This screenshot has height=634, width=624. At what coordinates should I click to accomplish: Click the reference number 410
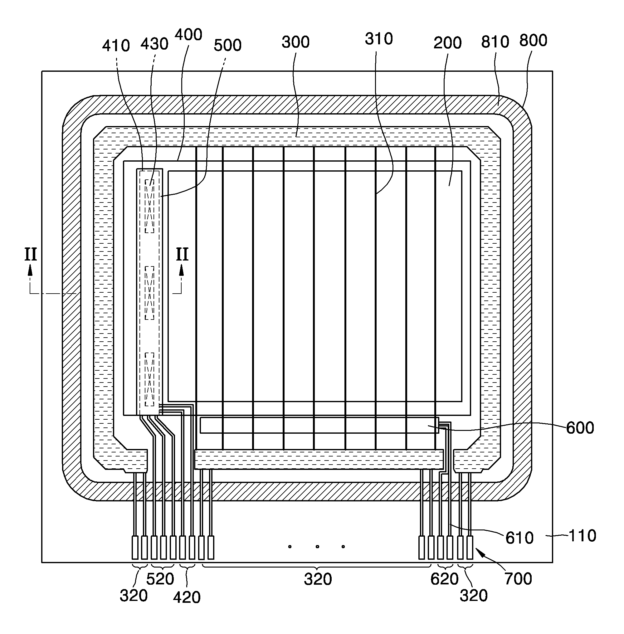click(116, 46)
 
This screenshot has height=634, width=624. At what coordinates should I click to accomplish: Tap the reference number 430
click(154, 44)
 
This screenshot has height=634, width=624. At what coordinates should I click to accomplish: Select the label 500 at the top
click(227, 45)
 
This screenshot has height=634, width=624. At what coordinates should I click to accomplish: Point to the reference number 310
click(379, 39)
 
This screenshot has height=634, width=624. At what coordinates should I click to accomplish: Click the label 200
click(447, 43)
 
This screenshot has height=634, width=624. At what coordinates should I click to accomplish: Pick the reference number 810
click(495, 42)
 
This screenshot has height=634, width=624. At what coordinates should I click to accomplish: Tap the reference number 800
click(533, 40)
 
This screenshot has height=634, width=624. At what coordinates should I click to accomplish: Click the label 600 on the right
click(580, 428)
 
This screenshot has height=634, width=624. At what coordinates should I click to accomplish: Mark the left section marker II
click(31, 254)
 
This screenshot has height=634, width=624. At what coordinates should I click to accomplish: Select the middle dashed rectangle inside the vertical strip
click(149, 293)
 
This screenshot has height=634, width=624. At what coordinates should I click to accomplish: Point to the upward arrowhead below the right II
click(181, 271)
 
